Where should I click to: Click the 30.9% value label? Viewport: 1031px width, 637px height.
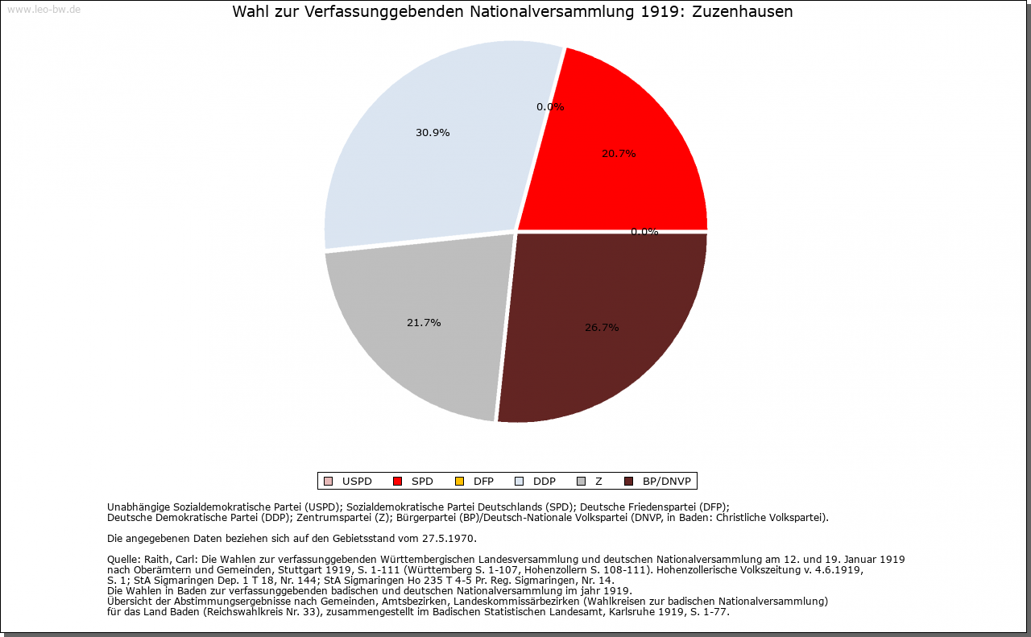433,133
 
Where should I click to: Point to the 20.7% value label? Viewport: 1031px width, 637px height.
619,154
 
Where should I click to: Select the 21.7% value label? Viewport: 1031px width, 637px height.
424,323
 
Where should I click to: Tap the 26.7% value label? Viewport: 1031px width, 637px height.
602,328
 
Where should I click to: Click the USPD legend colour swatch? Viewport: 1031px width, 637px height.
328,482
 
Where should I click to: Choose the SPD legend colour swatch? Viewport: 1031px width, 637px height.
397,482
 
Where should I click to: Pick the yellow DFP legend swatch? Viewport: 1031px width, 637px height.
459,482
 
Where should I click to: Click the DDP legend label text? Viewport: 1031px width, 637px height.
544,482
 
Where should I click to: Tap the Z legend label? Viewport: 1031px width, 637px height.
598,482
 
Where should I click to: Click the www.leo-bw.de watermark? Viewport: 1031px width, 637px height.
43,10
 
